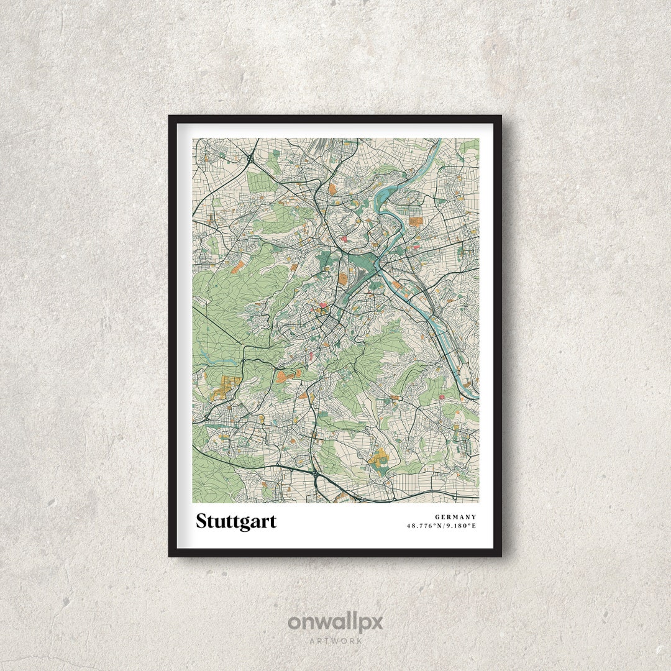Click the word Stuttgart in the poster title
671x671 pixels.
[x=236, y=521]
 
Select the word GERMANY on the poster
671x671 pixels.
[x=455, y=517]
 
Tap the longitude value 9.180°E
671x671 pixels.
[x=461, y=526]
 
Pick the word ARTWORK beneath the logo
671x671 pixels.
[x=335, y=640]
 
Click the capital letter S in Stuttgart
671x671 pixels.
[x=201, y=521]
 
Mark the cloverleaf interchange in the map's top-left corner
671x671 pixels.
[x=250, y=159]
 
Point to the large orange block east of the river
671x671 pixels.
[x=415, y=221]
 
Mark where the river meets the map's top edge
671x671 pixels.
[x=440, y=140]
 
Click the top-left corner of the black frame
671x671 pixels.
[x=170, y=116]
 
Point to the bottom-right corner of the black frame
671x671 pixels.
[x=500, y=555]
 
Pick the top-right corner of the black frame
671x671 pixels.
[x=500, y=116]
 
